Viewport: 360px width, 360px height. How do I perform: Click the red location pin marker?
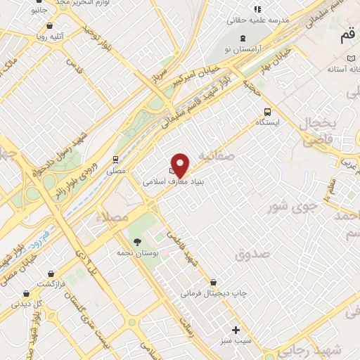(x=181, y=164)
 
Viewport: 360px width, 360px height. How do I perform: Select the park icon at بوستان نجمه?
(x=136, y=242)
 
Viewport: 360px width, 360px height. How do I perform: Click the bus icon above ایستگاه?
(x=267, y=112)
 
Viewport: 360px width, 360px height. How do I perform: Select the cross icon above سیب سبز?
(x=236, y=330)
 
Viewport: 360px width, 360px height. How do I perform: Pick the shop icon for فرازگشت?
(x=27, y=292)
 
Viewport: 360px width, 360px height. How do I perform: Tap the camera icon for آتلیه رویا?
(x=27, y=33)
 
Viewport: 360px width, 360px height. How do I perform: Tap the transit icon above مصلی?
(x=115, y=160)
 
